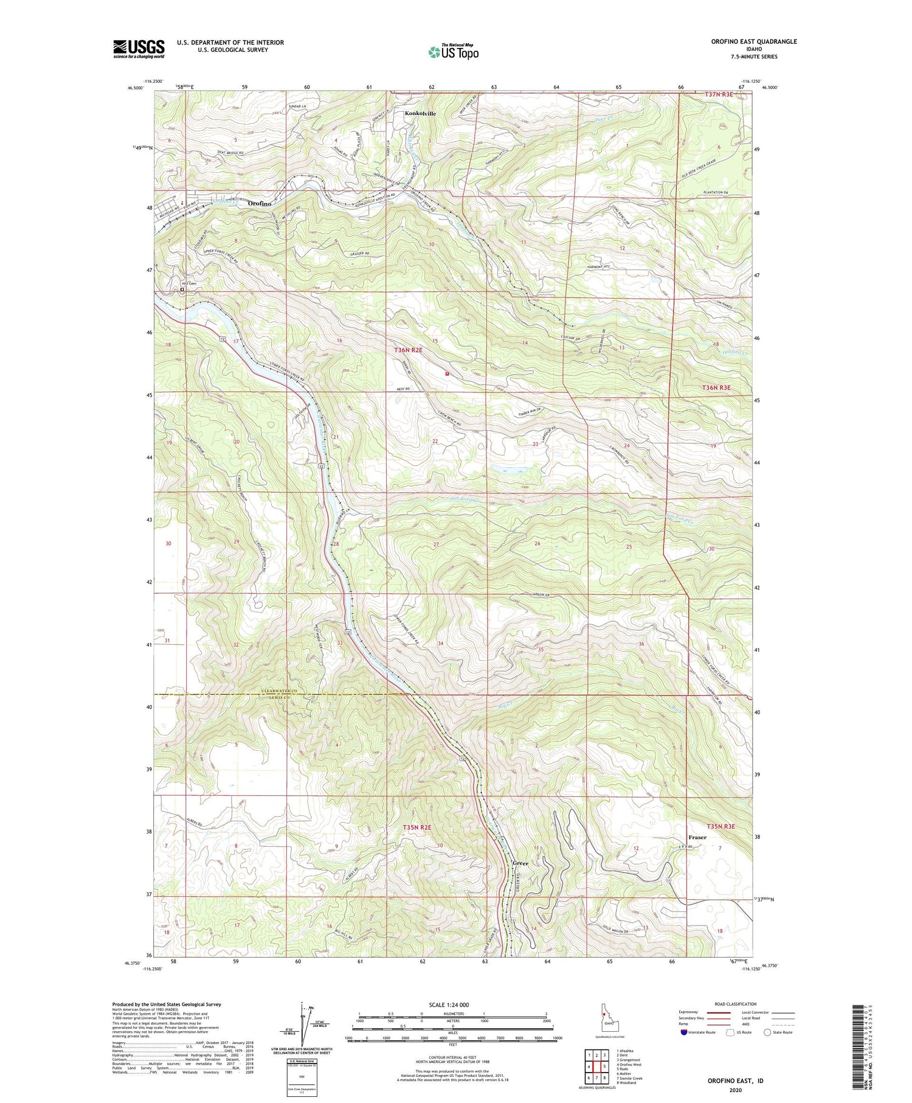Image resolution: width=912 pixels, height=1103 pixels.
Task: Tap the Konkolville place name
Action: [421, 114]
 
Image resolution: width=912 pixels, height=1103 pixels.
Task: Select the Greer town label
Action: [520, 863]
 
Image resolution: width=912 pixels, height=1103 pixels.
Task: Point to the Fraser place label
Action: [697, 837]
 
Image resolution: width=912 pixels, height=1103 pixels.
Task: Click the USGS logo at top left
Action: [139, 49]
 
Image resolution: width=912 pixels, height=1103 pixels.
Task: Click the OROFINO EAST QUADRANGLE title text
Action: [745, 41]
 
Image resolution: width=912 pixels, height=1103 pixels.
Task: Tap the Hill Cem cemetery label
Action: [190, 284]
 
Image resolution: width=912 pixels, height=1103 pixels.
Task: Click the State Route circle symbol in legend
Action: [769, 1032]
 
